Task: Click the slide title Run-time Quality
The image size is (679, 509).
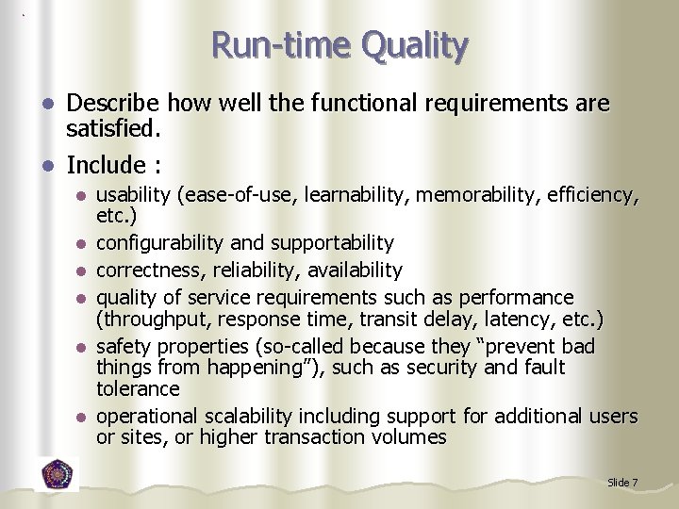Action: [339, 44]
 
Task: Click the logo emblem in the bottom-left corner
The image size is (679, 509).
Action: [58, 474]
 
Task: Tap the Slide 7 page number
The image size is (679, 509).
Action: [622, 483]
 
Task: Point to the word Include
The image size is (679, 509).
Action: [105, 165]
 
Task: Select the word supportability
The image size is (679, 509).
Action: [333, 243]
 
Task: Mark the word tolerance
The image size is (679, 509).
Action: [138, 388]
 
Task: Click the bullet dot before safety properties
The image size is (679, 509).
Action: [82, 346]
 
